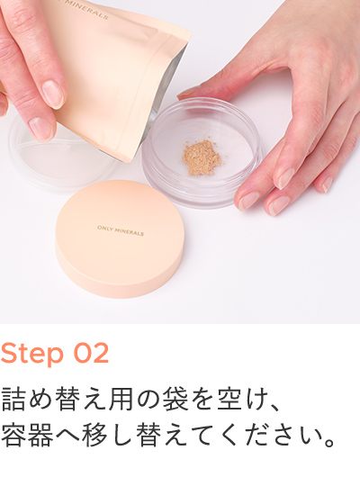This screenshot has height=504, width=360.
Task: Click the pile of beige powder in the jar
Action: (202, 158)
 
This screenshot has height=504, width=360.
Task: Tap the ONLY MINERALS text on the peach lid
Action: (121, 230)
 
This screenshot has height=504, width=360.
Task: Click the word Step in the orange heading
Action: (32, 354)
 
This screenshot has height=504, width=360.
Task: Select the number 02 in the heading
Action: (91, 353)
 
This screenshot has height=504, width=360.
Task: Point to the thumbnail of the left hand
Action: (53, 94)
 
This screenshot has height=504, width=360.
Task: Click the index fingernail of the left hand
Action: (40, 130)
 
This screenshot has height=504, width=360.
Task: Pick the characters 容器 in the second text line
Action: (27, 435)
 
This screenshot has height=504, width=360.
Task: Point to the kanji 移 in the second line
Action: (94, 435)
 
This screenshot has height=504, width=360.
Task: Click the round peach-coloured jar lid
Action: (120, 238)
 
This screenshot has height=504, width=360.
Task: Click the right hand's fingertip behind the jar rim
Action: (188, 94)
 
